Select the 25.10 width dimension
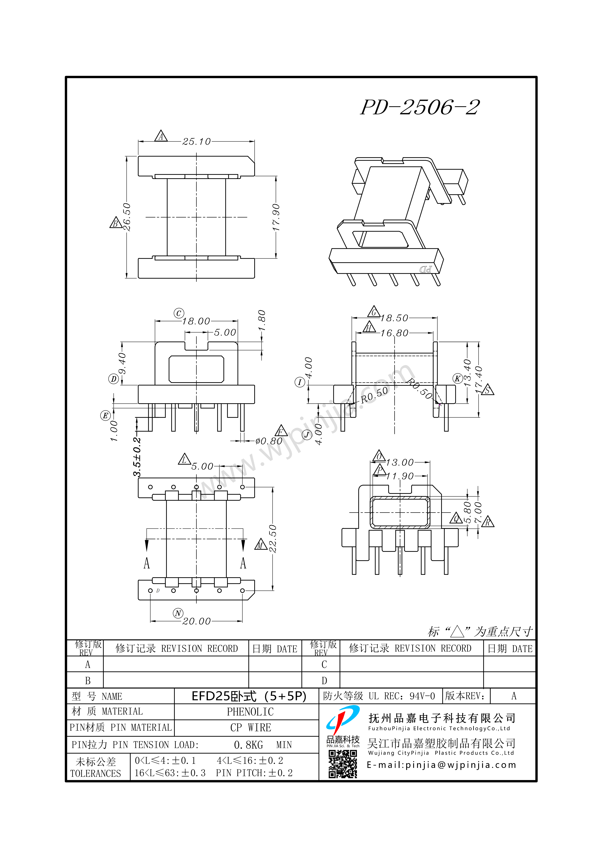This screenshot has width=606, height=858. click(196, 142)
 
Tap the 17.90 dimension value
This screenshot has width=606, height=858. click(276, 217)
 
